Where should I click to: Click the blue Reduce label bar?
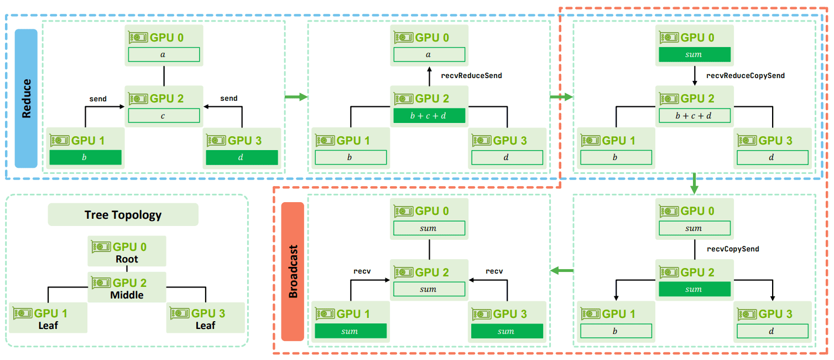[26, 99]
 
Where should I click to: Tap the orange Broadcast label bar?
[293, 271]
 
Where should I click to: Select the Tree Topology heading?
[123, 215]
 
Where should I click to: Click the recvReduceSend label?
[471, 76]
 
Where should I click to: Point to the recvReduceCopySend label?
[746, 76]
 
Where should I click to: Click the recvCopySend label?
[733, 249]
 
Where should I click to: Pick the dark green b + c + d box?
[429, 116]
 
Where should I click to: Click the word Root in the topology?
[127, 259]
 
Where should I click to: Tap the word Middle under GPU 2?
[127, 295]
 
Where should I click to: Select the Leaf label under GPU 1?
[48, 325]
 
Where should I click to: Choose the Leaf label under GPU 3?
[205, 325]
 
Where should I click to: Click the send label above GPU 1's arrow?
[97, 99]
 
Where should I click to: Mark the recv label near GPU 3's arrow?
[494, 271]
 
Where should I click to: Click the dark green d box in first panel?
[242, 157]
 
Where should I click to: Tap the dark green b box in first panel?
[85, 157]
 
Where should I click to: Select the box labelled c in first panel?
[164, 116]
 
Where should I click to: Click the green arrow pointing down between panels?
[694, 183]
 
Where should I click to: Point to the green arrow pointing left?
[562, 271]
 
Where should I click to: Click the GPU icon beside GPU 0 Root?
[101, 246]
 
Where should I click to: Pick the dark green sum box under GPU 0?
[695, 54]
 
